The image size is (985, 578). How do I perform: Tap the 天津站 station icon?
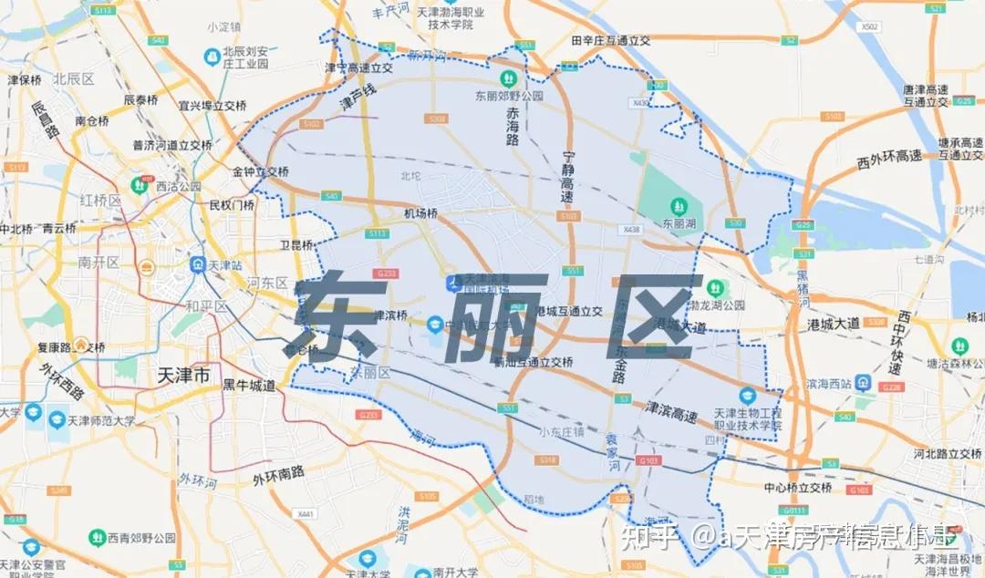click(x=196, y=264)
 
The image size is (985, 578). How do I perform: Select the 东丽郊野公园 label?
click(x=509, y=95)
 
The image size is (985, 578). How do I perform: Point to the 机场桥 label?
click(x=420, y=213)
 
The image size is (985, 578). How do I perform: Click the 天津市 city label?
click(x=183, y=375)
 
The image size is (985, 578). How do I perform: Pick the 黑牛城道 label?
click(x=249, y=386)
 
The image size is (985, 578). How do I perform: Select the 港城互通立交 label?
click(x=568, y=311)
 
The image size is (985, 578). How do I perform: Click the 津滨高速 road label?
click(x=671, y=411)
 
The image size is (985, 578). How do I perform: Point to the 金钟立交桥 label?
click(x=260, y=171)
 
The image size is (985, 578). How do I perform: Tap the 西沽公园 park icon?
click(x=140, y=185)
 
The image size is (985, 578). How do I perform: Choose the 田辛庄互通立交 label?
click(x=610, y=40)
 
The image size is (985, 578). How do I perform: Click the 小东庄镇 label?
click(x=560, y=432)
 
